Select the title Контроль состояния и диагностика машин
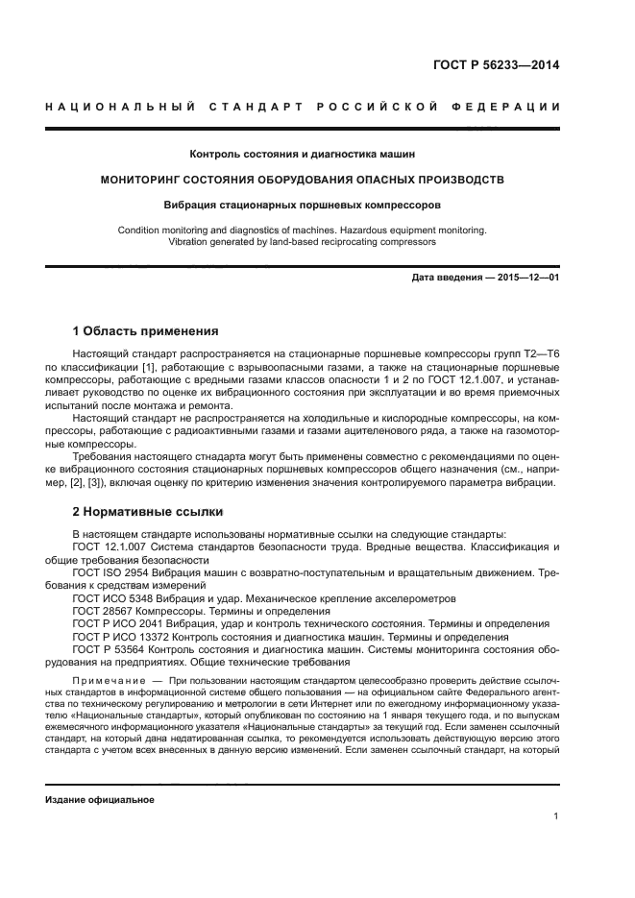click(x=303, y=154)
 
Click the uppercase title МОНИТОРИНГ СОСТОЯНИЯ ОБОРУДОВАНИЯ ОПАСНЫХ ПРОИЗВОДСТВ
click(x=303, y=180)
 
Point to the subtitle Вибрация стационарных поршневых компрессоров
click(x=303, y=205)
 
